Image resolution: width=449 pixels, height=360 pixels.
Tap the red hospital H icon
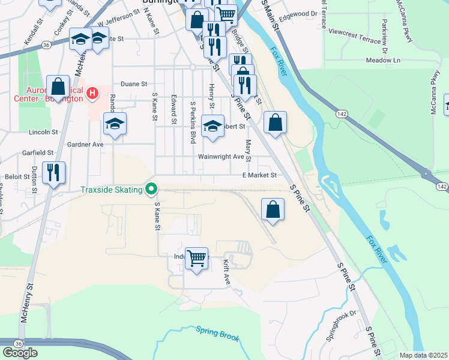[92, 93]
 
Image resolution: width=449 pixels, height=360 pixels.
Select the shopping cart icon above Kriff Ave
[196, 259]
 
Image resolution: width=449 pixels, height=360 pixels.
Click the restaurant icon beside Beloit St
[53, 173]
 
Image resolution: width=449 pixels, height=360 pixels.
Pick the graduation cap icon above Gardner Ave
[115, 124]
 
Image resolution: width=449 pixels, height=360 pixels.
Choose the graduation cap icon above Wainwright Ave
[212, 126]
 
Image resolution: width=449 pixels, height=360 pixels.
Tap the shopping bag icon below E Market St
[273, 210]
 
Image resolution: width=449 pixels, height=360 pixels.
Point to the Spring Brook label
[217, 333]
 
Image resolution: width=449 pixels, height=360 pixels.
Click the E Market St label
[259, 175]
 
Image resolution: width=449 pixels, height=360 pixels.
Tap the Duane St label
[134, 84]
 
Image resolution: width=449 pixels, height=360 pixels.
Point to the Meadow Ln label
[383, 61]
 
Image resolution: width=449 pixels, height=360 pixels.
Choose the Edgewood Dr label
[298, 13]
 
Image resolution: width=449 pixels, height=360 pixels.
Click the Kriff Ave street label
[227, 272]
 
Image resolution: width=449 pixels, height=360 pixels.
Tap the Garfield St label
[38, 153]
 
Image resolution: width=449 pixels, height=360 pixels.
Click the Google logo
[20, 352]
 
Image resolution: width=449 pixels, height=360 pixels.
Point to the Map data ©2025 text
[423, 355]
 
